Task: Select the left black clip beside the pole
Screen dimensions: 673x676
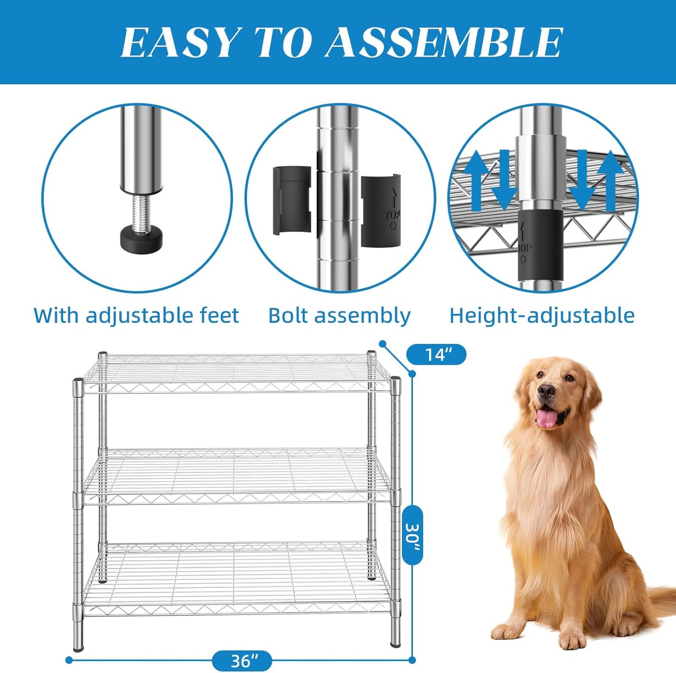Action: [x=291, y=200]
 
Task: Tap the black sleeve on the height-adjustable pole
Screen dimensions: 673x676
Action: [x=540, y=243]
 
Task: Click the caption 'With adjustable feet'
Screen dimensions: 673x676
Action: [x=136, y=315]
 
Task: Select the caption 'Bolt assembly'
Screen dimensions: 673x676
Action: [x=339, y=315]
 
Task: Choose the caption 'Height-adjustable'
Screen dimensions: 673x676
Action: [x=542, y=315]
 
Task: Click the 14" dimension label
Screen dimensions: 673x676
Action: [x=436, y=354]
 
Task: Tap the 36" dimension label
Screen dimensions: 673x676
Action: [x=242, y=661]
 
